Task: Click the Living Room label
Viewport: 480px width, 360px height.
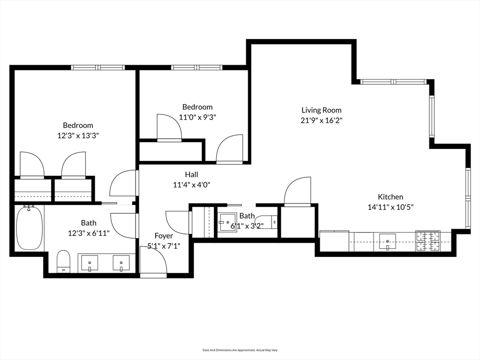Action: point(321,110)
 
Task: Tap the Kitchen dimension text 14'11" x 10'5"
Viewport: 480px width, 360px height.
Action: point(390,207)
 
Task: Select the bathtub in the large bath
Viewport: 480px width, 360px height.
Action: point(30,228)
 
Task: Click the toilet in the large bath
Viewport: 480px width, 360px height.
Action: point(63,261)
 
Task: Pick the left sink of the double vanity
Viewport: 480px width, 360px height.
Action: point(90,263)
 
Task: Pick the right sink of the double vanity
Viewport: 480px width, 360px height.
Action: point(121,263)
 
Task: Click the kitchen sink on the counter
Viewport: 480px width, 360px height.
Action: point(387,241)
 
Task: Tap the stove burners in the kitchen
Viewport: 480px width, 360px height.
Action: point(428,241)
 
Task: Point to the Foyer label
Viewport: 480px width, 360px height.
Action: point(164,236)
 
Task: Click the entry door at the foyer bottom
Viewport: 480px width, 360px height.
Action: point(153,262)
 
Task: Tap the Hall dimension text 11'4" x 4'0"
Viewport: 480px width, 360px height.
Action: point(191,185)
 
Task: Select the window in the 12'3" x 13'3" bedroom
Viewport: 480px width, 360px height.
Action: point(98,67)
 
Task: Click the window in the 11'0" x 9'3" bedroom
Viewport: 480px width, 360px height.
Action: point(196,67)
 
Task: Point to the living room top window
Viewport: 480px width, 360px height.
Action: point(394,82)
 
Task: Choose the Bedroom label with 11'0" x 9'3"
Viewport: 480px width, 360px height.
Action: point(197,107)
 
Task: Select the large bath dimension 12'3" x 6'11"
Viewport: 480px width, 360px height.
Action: point(89,232)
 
